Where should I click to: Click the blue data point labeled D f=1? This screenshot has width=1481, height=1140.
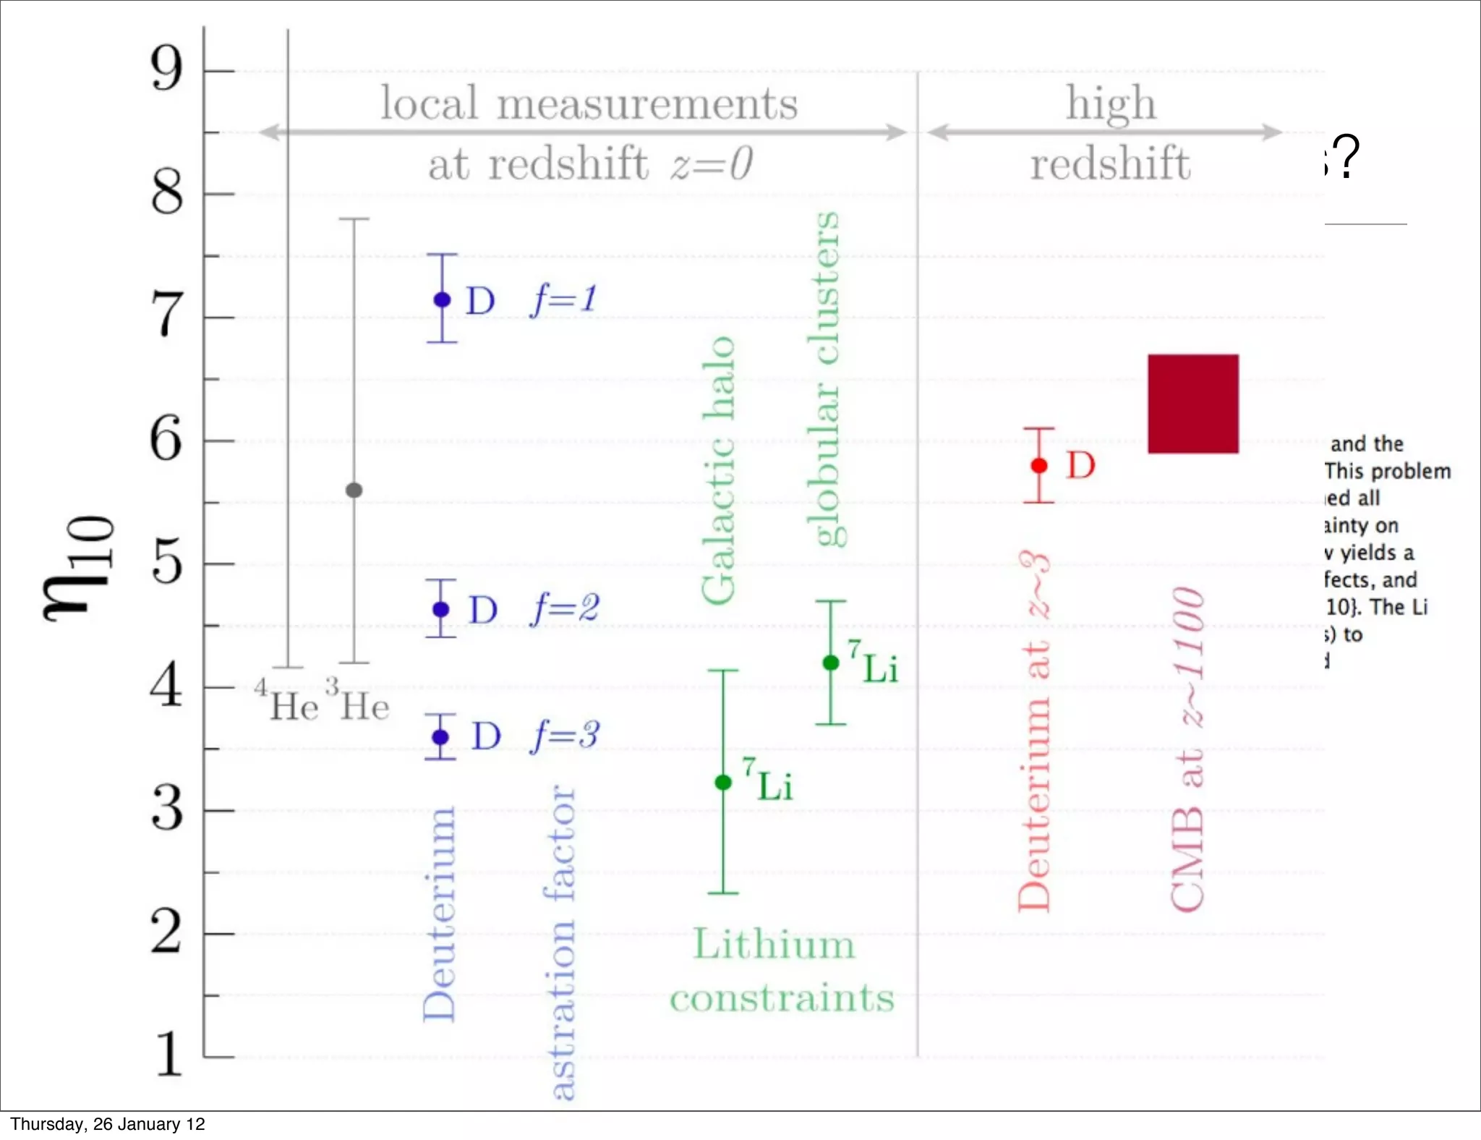pyautogui.click(x=442, y=299)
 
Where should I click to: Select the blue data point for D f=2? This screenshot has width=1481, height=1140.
pyautogui.click(x=441, y=610)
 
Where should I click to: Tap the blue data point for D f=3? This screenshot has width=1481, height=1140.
pyautogui.click(x=440, y=737)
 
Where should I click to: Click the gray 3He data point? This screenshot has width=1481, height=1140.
pyautogui.click(x=354, y=490)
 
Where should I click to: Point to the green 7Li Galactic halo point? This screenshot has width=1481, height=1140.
pyautogui.click(x=723, y=782)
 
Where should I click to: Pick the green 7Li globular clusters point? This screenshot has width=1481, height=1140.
pyautogui.click(x=831, y=663)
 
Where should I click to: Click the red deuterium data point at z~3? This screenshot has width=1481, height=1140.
pyautogui.click(x=1039, y=466)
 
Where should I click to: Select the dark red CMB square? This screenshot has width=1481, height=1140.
pyautogui.click(x=1192, y=404)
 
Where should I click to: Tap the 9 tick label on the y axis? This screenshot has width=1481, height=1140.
pyautogui.click(x=167, y=69)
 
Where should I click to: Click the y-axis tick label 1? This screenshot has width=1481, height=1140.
pyautogui.click(x=168, y=1055)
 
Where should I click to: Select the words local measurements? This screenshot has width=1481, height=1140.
pyautogui.click(x=589, y=103)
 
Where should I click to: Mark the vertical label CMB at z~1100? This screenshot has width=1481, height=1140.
pyautogui.click(x=1187, y=749)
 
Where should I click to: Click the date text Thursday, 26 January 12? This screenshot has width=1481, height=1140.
pyautogui.click(x=107, y=1124)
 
